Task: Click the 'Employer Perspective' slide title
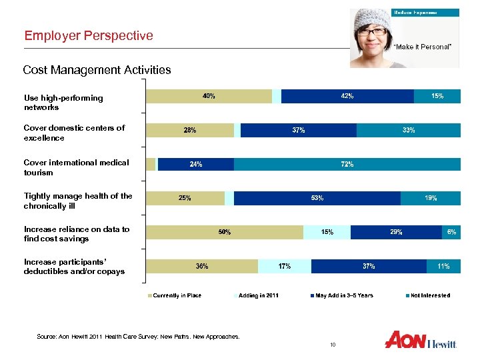click(89, 35)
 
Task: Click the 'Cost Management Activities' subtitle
click(97, 69)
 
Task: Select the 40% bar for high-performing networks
click(209, 96)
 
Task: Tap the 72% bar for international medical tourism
click(347, 164)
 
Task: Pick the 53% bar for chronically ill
click(317, 198)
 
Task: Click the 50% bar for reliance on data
click(225, 232)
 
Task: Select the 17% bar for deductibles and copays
click(284, 267)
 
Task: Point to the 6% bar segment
click(451, 232)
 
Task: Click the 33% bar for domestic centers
click(408, 130)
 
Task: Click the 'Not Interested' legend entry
click(429, 295)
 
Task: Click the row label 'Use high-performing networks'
click(63, 102)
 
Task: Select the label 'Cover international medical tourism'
click(76, 167)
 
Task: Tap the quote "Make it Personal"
click(423, 47)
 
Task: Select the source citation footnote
click(138, 337)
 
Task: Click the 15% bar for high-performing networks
click(437, 96)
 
